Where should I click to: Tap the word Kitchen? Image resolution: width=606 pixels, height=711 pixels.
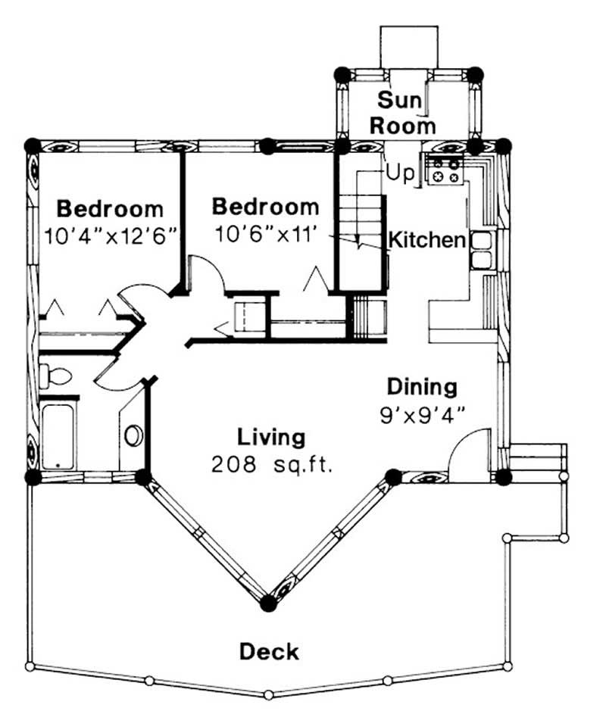pos(426,241)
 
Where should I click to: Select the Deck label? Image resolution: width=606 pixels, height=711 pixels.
pos(269,651)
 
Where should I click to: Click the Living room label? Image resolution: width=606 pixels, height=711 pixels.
pos(271,437)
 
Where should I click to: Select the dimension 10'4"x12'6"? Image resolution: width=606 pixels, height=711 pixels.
pos(111,235)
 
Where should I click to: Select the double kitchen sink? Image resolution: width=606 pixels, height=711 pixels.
pos(482,251)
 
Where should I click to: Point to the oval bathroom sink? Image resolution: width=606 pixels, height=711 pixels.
pos(134,436)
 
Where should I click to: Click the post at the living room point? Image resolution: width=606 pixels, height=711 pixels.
pos(267,603)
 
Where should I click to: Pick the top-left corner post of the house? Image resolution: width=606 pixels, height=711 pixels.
pos(32,145)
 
